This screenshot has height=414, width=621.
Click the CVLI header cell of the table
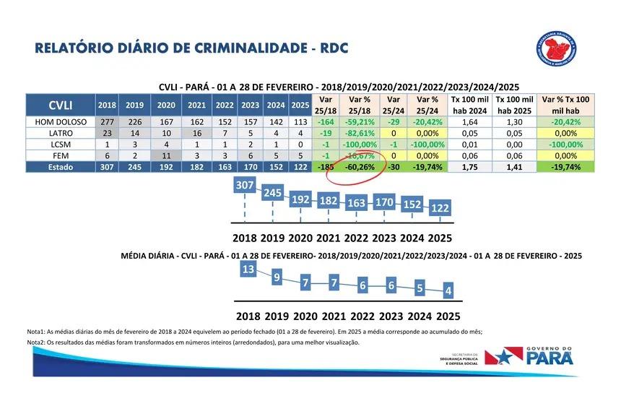coord(60,104)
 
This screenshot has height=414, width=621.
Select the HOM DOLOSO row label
coord(61,122)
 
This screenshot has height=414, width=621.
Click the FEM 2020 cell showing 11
coord(166,155)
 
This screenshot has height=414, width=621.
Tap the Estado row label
coord(61,167)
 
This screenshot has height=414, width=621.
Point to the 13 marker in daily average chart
coord(248,269)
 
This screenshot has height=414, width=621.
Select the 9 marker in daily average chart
coord(277,276)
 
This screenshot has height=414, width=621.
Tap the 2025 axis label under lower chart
coord(448,316)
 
